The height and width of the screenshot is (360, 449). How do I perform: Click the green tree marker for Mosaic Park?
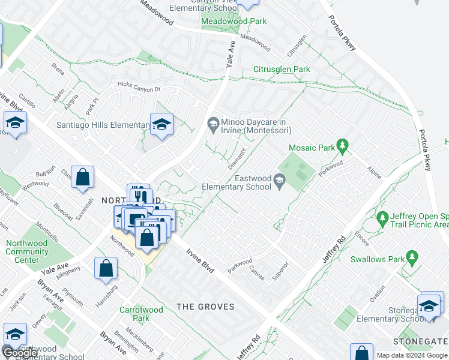[342, 145]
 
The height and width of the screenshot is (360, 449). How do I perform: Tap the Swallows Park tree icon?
[411, 257]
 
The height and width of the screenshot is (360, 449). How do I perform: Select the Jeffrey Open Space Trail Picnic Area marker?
[382, 217]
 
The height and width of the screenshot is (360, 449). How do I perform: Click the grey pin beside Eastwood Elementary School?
[279, 180]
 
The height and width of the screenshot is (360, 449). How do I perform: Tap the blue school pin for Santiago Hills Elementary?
[161, 125]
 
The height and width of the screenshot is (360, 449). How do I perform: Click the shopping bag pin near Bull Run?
[83, 178]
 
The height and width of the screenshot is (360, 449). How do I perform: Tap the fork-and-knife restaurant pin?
[138, 195]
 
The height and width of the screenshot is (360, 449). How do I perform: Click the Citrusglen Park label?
[282, 70]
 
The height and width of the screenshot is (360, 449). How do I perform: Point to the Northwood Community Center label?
[26, 251]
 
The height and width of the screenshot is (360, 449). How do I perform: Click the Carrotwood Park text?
[141, 314]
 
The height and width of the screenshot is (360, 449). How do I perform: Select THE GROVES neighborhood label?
[205, 307]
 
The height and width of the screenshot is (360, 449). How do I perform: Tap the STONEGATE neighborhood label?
[420, 341]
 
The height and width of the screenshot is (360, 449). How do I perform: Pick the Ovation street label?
[377, 296]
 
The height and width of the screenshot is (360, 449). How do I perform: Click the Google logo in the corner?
[19, 352]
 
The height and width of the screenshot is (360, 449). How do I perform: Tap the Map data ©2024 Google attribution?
[412, 355]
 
